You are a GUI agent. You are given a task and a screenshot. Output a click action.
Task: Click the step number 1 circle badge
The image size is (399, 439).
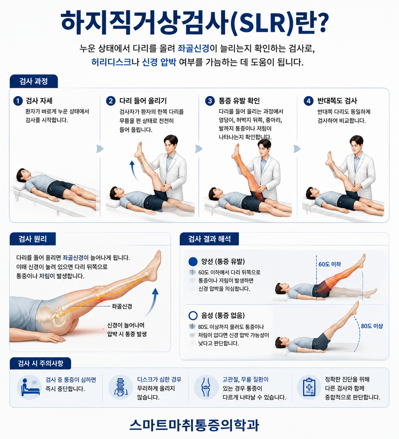tap(18, 101)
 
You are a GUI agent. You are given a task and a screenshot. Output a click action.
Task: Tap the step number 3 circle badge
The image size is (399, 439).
tap(210, 101)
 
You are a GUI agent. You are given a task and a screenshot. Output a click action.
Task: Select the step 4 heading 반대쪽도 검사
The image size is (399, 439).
tap(337, 101)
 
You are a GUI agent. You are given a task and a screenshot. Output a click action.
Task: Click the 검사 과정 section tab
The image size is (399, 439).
tap(33, 81)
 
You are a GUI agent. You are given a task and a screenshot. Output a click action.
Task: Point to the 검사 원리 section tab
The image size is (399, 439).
tap(33, 239)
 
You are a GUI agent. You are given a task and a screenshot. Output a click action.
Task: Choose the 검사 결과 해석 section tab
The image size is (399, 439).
tap(209, 239)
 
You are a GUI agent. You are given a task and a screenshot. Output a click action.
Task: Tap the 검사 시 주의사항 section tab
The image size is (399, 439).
tap(40, 364)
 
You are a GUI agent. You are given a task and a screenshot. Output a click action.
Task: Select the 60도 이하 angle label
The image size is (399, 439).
tap(330, 264)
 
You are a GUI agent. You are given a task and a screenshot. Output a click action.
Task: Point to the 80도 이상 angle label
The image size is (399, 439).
tap(372, 326)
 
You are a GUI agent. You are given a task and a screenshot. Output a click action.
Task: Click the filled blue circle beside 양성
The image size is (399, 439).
tap(193, 261)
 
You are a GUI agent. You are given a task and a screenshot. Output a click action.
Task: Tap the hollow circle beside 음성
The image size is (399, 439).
tap(193, 315)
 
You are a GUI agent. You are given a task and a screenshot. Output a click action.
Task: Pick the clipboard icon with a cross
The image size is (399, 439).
tap(309, 387)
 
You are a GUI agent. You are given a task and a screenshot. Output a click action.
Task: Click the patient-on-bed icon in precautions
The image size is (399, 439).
tap(30, 387)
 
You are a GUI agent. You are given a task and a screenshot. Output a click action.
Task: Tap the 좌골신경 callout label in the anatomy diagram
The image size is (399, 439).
tap(122, 306)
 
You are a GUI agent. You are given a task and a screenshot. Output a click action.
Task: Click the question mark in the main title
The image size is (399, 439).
tap(323, 23)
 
